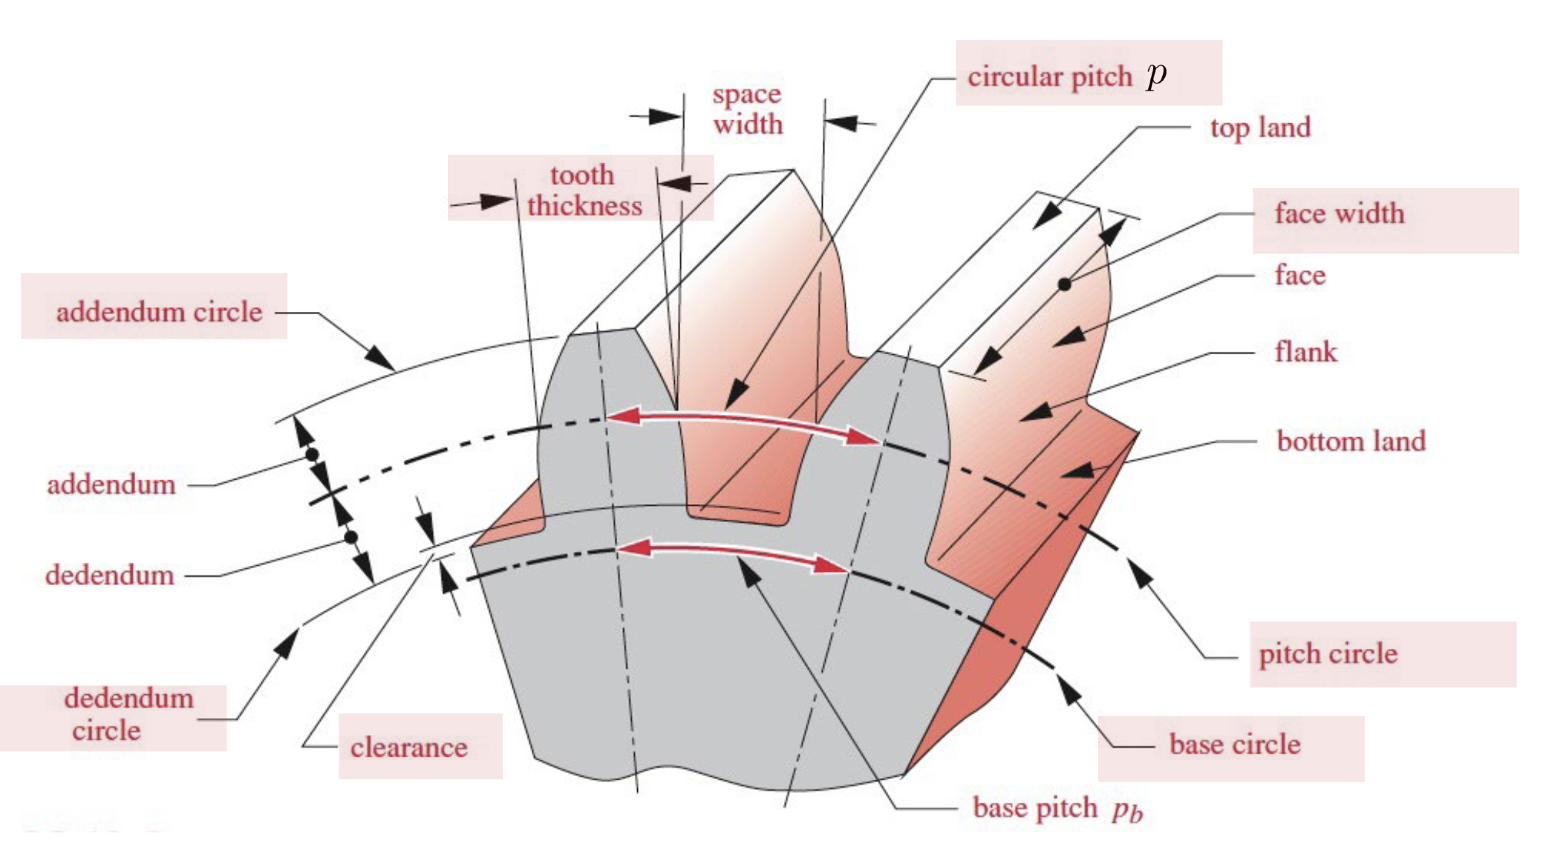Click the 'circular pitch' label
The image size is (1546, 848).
[1049, 76]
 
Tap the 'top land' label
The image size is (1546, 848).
[1260, 128]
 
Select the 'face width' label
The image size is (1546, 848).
[1339, 214]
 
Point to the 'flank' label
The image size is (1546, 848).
[1305, 351]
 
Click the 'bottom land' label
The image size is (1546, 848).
[1351, 441]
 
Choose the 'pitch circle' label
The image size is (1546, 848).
[1328, 654]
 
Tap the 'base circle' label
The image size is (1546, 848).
[1234, 745]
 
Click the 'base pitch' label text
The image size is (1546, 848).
[1034, 808]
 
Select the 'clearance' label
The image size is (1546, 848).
[408, 748]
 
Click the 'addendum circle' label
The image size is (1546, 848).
[159, 312]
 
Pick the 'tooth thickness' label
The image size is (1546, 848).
[584, 190]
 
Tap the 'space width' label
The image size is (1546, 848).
[747, 109]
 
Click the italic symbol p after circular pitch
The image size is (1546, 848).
[1156, 74]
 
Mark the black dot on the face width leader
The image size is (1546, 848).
[1064, 284]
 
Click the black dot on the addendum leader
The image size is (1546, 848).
[313, 454]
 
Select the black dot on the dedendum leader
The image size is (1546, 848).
[351, 537]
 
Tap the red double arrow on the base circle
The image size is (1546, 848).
[732, 555]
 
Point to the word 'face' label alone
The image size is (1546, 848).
[1299, 275]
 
